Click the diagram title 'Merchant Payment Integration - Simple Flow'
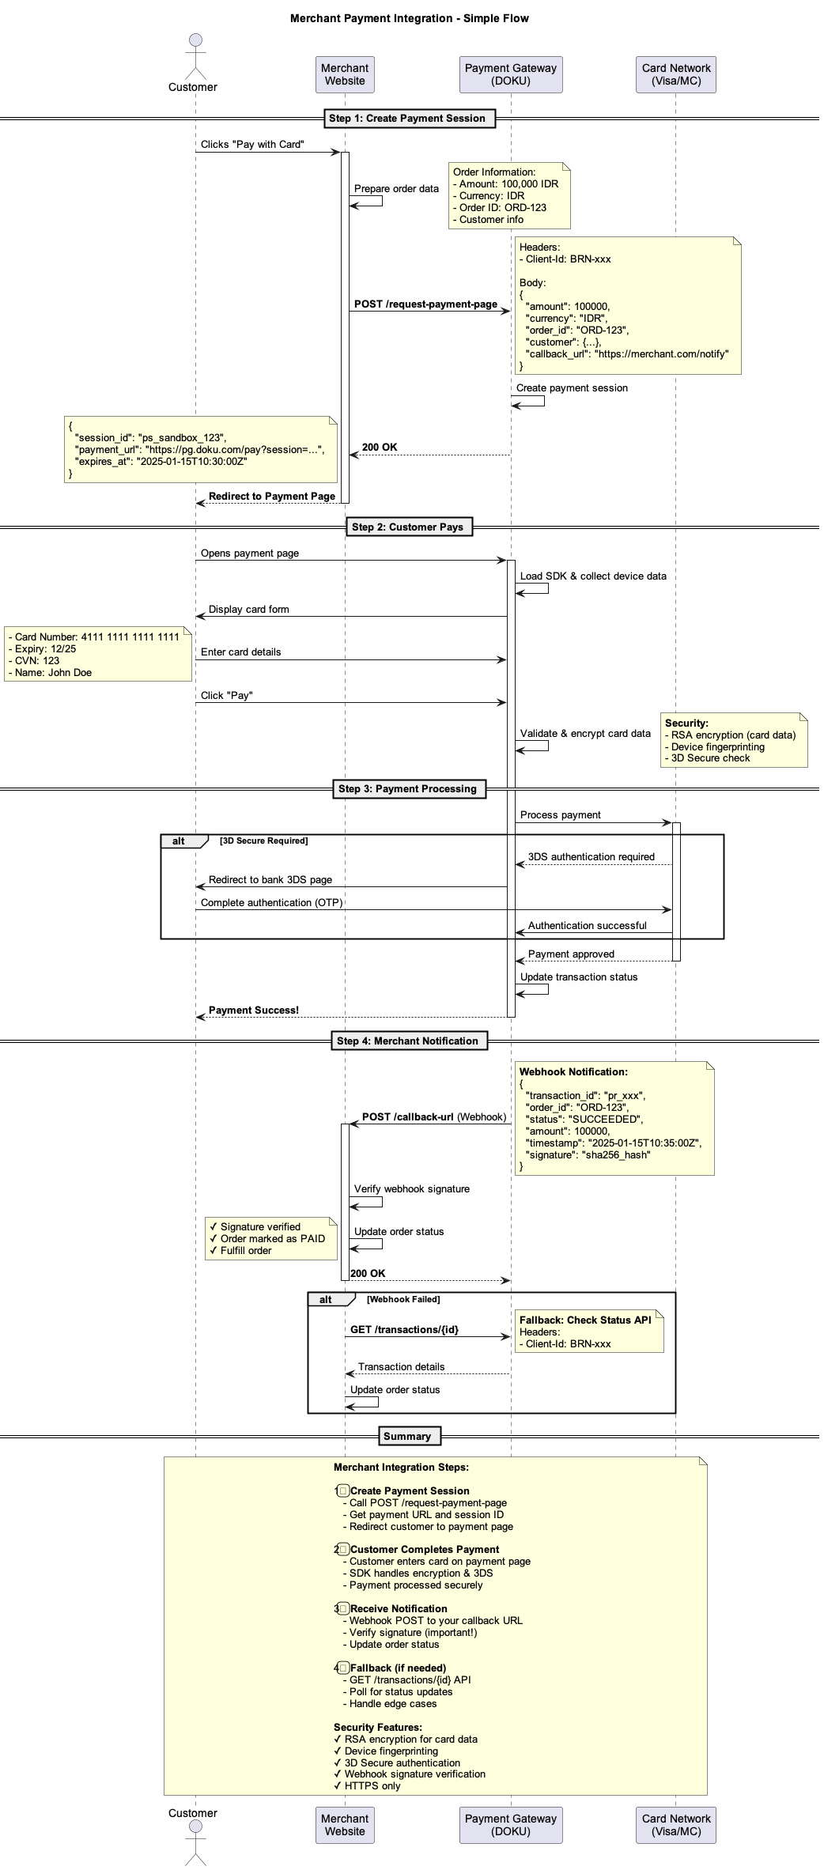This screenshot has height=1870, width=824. coord(409,18)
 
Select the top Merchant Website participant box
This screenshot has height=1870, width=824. coord(345,74)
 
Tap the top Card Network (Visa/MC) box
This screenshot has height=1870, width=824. coord(675,74)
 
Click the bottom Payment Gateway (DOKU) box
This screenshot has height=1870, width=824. coord(510,1824)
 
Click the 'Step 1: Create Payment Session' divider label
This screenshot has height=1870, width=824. coord(406,119)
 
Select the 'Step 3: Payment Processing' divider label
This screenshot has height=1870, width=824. coord(407,788)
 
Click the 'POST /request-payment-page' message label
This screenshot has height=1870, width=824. coord(425,304)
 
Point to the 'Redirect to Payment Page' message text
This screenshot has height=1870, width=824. coord(271,497)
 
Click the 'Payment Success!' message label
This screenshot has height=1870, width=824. coord(253,1010)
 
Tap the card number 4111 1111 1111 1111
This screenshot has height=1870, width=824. coord(130,637)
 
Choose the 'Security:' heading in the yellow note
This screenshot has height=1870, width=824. coord(686,723)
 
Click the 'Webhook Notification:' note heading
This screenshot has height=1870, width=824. coord(573,1071)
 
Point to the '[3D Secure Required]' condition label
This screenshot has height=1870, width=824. coord(263,841)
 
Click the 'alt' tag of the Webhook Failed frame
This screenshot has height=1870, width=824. coord(326,1299)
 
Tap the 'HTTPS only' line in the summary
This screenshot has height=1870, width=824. coord(372,1785)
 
